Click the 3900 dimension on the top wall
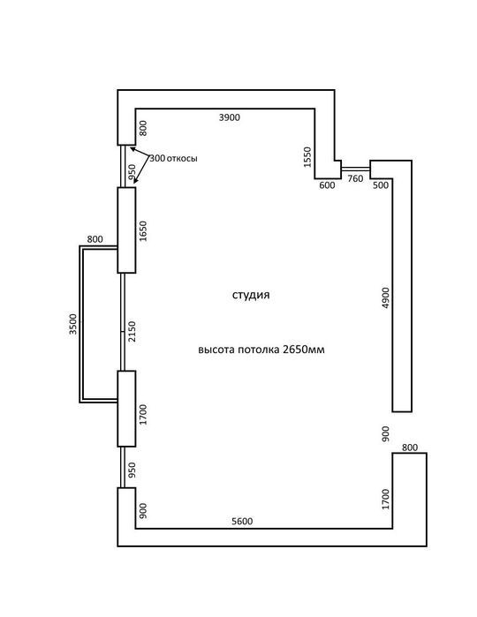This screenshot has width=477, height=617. pyautogui.click(x=230, y=117)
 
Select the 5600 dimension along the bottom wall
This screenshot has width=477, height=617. pyautogui.click(x=242, y=522)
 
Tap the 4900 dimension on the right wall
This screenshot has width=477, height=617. pyautogui.click(x=386, y=297)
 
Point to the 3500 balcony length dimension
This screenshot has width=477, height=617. pyautogui.click(x=73, y=324)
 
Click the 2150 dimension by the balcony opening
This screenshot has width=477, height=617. pyautogui.click(x=132, y=331)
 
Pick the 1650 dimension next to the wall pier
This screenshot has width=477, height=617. pyautogui.click(x=142, y=231)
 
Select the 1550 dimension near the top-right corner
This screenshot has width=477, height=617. pyautogui.click(x=307, y=157)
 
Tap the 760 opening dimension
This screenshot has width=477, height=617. pyautogui.click(x=355, y=178)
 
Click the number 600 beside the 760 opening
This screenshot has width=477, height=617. pyautogui.click(x=327, y=185)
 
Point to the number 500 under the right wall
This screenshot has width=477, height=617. pyautogui.click(x=381, y=185)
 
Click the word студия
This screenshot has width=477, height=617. pyautogui.click(x=251, y=295)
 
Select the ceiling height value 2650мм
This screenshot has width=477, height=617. pyautogui.click(x=304, y=350)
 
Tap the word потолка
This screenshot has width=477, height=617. pyautogui.click(x=259, y=350)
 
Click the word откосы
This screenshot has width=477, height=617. pyautogui.click(x=182, y=159)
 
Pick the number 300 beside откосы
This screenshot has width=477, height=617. pyautogui.click(x=157, y=159)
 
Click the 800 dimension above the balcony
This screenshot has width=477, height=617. pyautogui.click(x=95, y=239)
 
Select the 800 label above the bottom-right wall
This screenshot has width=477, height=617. pyautogui.click(x=410, y=448)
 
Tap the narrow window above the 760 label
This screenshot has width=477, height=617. pyautogui.click(x=355, y=169)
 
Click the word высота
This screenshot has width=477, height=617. pyautogui.click(x=216, y=350)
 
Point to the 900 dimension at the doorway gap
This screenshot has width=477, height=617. pyautogui.click(x=386, y=433)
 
